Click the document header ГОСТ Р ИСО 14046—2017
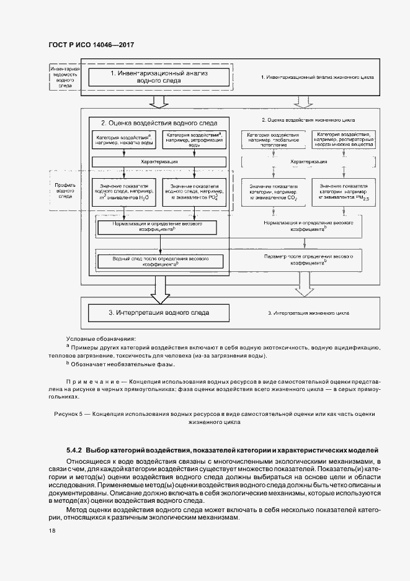coord(91,45)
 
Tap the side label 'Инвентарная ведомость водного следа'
coord(66,77)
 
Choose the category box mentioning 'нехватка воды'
coord(123,138)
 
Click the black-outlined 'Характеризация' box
coord(159,161)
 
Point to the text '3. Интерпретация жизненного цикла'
coord(308,312)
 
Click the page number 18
coord(51,531)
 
